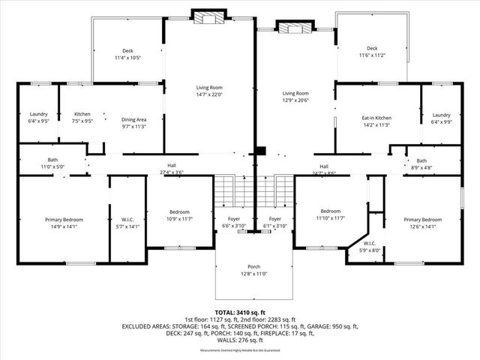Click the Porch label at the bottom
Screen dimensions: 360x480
(x=254, y=266)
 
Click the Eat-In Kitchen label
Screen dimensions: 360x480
(x=376, y=118)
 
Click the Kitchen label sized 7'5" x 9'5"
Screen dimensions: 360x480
(x=82, y=114)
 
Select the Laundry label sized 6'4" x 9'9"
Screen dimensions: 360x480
(x=441, y=114)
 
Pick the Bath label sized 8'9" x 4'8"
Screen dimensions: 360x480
(x=421, y=160)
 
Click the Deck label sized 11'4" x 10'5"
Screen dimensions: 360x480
(x=128, y=51)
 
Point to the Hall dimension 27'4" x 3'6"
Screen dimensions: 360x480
(x=172, y=172)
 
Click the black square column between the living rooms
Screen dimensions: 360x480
(x=260, y=150)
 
